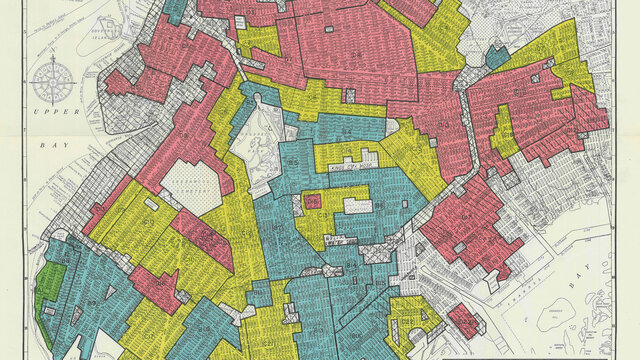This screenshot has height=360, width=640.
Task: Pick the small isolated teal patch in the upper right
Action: tap(497, 56)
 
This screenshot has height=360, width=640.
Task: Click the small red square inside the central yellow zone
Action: tap(313, 201)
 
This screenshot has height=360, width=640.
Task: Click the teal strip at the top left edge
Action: tap(175, 10)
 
